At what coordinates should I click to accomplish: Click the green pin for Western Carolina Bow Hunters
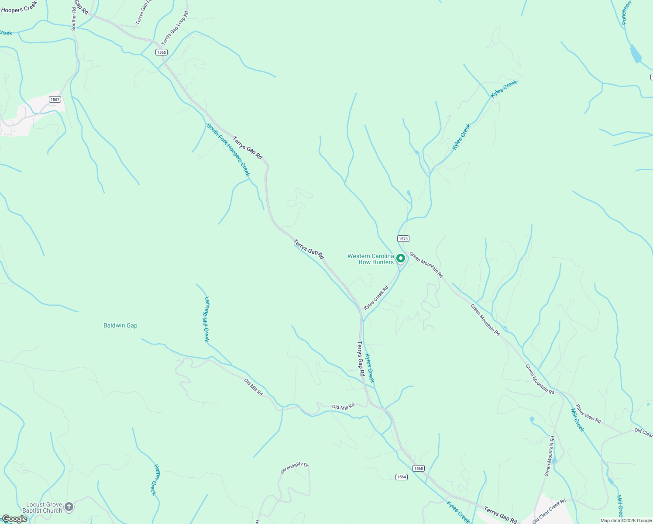point(400,259)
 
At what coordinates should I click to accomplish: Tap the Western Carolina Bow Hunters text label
point(371,259)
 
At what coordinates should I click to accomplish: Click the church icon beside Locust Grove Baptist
point(69,507)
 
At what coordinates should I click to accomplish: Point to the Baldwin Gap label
point(120,325)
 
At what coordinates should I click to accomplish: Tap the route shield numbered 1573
point(403,239)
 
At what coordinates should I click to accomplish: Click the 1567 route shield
point(55,100)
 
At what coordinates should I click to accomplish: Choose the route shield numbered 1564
point(402,477)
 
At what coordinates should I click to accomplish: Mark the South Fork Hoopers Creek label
point(228,150)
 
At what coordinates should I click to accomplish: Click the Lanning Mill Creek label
point(206,319)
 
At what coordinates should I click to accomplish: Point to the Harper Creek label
point(155,479)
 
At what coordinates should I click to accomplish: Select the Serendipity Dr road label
point(294,468)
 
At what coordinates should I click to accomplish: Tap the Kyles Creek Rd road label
point(376,298)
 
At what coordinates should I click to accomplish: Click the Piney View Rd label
point(588,414)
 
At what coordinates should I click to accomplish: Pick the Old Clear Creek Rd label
point(549,511)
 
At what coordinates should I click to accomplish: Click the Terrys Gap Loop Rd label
point(175,28)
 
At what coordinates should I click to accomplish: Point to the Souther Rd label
point(74,18)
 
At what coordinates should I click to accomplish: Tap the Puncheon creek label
point(626,13)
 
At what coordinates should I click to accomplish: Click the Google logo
point(14,519)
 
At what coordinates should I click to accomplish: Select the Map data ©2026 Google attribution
point(626,521)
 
